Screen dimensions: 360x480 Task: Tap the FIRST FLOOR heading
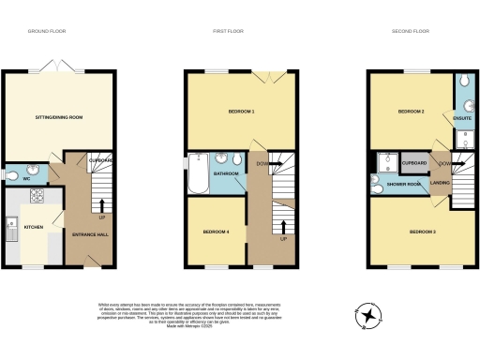point(227,31)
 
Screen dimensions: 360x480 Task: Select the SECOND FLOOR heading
point(411,31)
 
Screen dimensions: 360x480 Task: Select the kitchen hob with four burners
point(39,197)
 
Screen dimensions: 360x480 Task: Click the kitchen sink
point(11,226)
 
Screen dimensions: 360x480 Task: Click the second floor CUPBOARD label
point(414,163)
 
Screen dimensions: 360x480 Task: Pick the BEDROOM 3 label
point(422,230)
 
